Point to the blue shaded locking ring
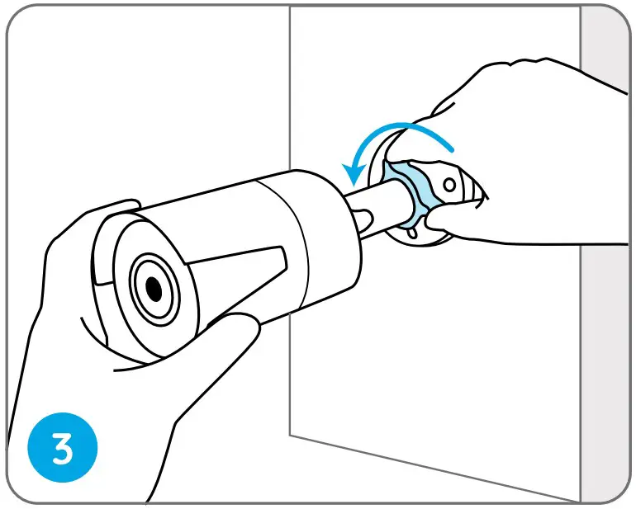point(405,190)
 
